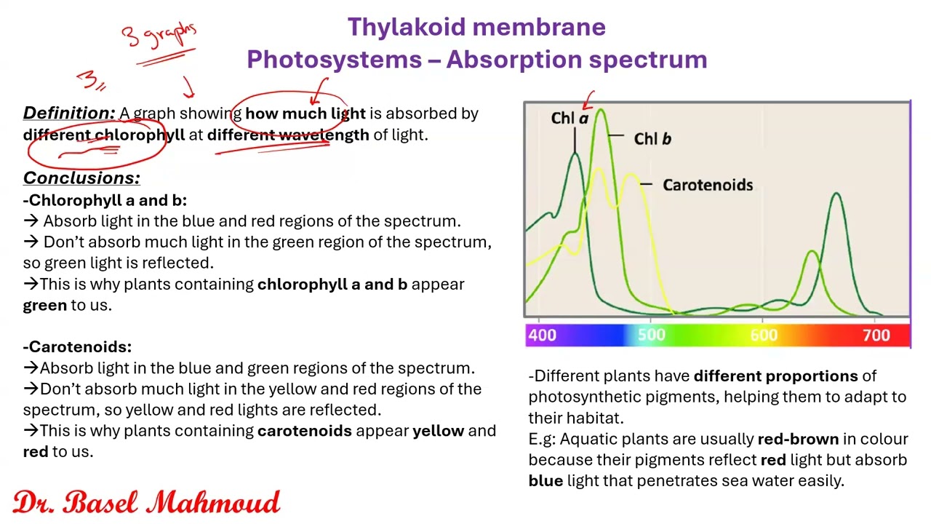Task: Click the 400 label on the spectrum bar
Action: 542,335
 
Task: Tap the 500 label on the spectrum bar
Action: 651,335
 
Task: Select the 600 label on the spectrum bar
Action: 764,335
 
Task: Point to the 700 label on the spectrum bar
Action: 876,335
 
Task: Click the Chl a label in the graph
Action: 570,118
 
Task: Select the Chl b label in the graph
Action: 652,138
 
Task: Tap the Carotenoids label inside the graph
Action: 707,185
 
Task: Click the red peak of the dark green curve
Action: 836,195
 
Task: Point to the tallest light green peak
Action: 600,111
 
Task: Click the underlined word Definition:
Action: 69,113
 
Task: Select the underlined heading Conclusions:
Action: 81,178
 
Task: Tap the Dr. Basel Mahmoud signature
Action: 146,502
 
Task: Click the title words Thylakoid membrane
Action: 476,27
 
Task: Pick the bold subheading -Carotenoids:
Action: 77,347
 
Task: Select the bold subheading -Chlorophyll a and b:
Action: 105,200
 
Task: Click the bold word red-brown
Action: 798,439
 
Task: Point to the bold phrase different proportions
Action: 775,376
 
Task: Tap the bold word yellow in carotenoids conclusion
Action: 438,431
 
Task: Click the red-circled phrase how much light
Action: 305,114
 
